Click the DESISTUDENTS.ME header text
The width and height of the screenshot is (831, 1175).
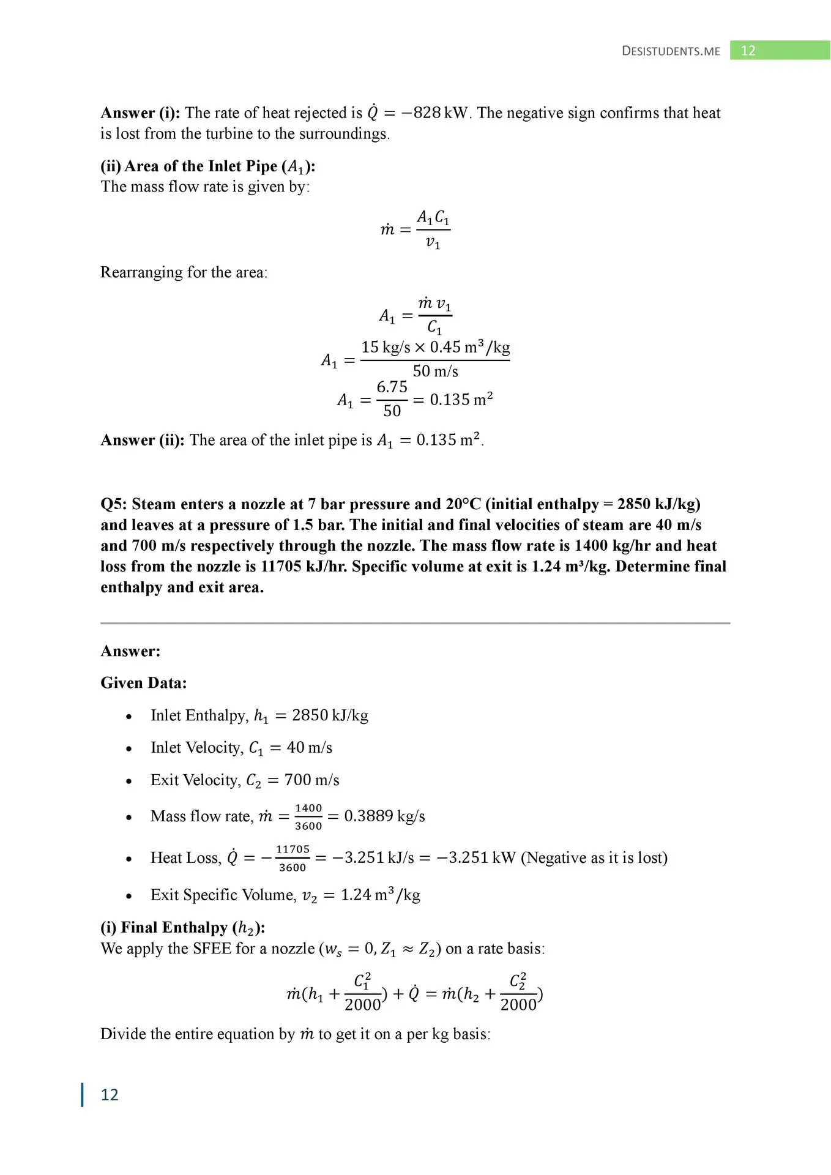point(671,51)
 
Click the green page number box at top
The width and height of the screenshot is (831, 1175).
point(779,50)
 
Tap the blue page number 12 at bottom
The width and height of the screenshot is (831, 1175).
point(110,1094)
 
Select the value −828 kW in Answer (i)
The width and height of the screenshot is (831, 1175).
point(434,113)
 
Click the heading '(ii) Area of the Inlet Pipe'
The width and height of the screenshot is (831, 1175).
point(207,166)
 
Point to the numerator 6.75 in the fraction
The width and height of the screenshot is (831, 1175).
point(392,387)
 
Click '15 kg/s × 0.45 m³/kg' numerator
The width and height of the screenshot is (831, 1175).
point(435,348)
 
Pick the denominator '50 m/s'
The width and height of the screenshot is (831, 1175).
point(435,371)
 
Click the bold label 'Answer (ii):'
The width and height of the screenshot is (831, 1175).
point(142,440)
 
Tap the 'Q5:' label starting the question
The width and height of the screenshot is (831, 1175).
point(114,504)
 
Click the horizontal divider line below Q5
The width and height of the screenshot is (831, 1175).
point(415,623)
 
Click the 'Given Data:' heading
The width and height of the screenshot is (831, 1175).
point(143,683)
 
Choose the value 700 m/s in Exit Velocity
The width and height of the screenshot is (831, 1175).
point(311,780)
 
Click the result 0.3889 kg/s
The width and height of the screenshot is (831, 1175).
point(384,816)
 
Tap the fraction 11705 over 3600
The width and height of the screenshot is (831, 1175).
point(293,858)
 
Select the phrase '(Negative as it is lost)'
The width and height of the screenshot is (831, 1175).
point(594,858)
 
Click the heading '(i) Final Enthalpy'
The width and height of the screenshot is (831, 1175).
point(182,928)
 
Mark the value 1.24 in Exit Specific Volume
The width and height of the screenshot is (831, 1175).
point(356,895)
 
